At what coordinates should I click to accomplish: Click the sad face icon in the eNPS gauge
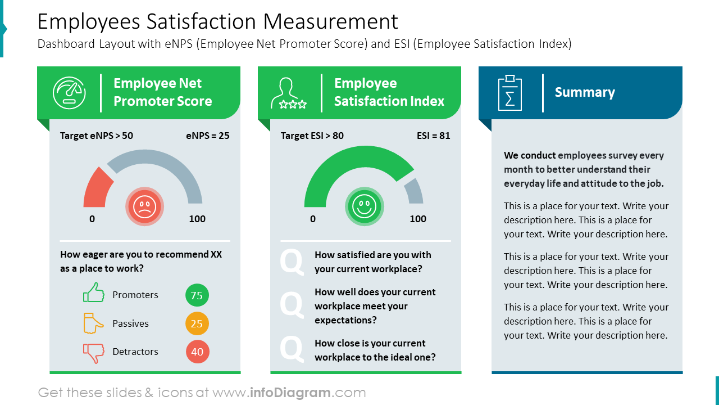point(145,206)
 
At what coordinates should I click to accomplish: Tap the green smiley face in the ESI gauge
point(365,206)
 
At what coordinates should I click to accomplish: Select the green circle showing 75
point(197,295)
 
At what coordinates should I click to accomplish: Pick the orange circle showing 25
point(197,323)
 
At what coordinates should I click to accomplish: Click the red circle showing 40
point(197,352)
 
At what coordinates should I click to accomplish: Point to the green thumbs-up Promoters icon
point(94,293)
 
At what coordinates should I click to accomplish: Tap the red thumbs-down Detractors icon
point(94,353)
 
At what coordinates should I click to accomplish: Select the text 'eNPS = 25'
point(207,136)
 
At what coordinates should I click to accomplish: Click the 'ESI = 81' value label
point(433,136)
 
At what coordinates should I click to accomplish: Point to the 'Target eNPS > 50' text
point(97,136)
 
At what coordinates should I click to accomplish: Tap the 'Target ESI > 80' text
point(312,136)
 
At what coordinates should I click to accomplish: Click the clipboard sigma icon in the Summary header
point(510,92)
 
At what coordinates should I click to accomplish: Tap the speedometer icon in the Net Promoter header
point(69,92)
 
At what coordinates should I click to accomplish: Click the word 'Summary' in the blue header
point(585,92)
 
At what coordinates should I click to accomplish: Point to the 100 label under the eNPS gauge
point(197,219)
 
